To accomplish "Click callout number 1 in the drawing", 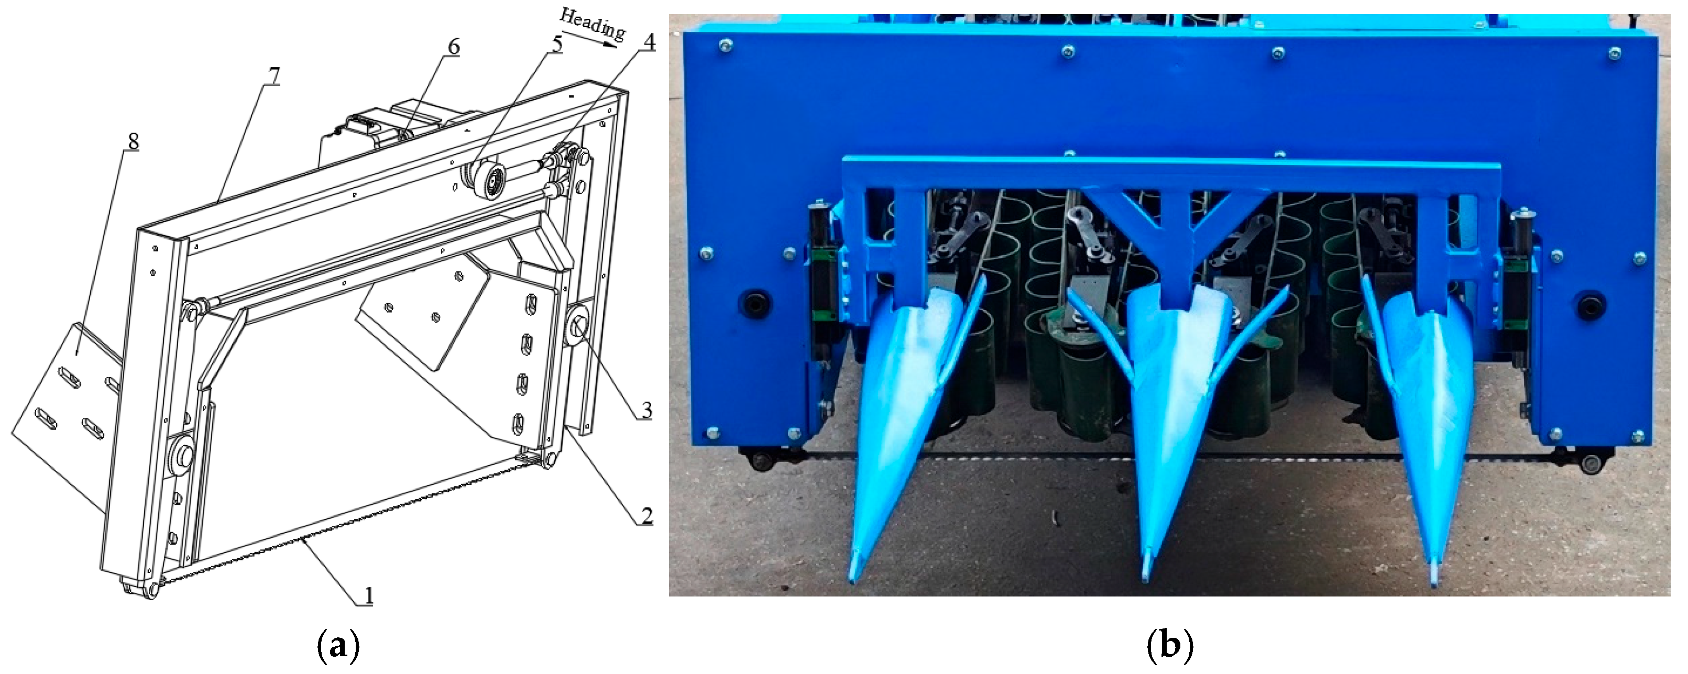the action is coord(368,595).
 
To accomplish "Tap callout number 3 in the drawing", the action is coord(646,411).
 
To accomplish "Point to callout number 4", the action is coord(648,42).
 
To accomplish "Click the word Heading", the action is coord(593,24).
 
